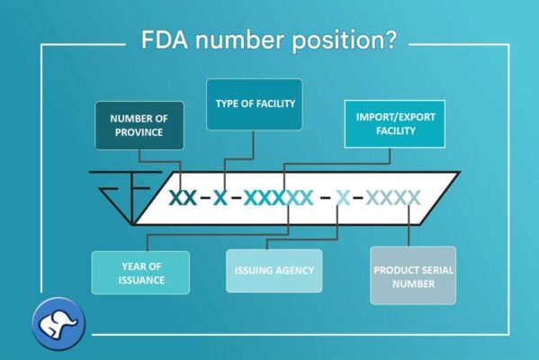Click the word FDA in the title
click(x=165, y=40)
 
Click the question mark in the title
click(x=390, y=39)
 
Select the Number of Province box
click(x=139, y=125)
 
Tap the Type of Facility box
click(x=255, y=104)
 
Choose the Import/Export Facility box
click(x=395, y=124)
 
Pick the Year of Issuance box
click(x=140, y=273)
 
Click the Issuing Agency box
click(x=274, y=271)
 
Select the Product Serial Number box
click(x=413, y=275)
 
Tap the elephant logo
click(x=58, y=324)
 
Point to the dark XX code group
click(x=183, y=198)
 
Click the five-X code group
click(x=278, y=198)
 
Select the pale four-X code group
click(x=393, y=198)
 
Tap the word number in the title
click(x=240, y=40)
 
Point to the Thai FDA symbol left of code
click(x=125, y=197)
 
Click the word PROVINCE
click(x=139, y=132)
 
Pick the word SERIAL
click(x=437, y=270)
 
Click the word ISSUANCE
click(x=141, y=280)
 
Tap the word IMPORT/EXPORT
click(x=396, y=117)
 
